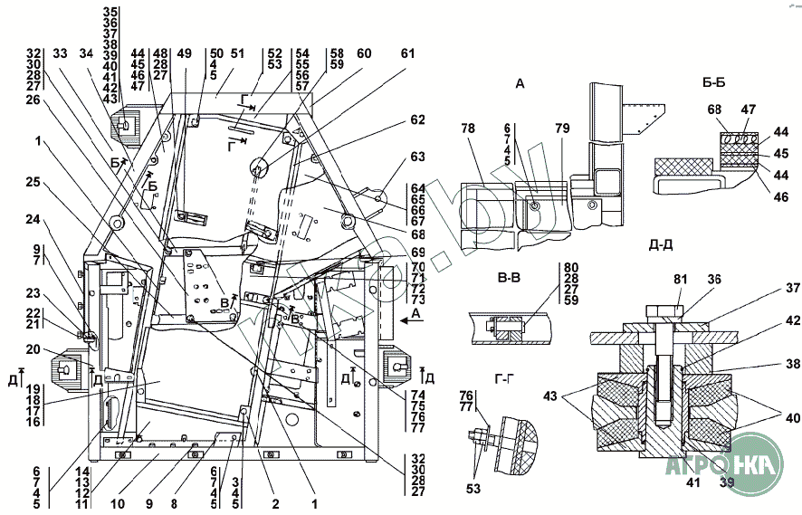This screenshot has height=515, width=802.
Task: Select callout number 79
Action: [x=562, y=128]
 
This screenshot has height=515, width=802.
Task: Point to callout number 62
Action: [x=416, y=119]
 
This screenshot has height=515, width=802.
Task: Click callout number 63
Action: [x=416, y=156]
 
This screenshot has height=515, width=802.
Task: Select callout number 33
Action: [x=60, y=54]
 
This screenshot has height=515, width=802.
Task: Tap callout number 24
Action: [x=33, y=218]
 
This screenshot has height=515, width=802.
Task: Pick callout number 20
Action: [x=33, y=348]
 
